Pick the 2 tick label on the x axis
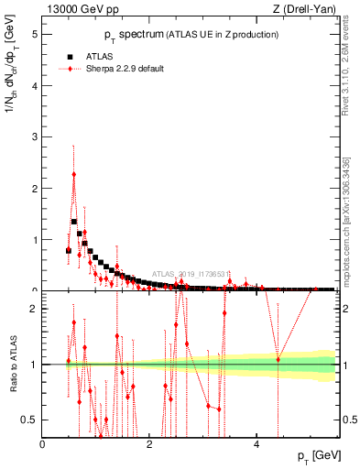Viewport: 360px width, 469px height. tap(149, 443)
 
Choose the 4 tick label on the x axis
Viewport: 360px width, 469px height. tap(256, 443)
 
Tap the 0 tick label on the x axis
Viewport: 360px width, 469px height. tap(43, 443)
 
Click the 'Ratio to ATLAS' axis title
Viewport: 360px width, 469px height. tap(14, 364)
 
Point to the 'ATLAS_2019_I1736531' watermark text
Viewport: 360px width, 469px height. tap(191, 273)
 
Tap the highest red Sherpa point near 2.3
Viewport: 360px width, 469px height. tap(74, 174)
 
